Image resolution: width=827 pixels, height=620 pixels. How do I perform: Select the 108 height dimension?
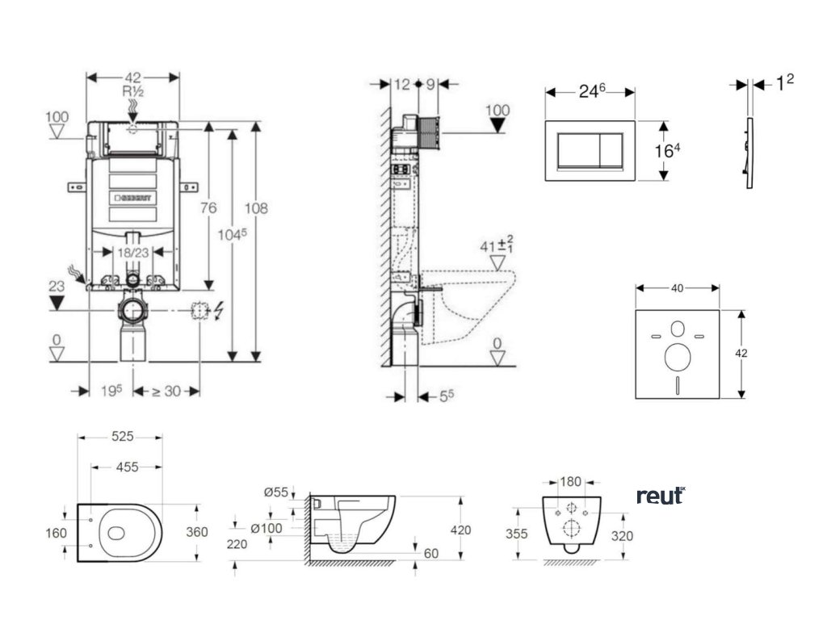pyautogui.click(x=256, y=208)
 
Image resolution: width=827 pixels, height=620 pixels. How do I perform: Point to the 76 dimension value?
pyautogui.click(x=208, y=208)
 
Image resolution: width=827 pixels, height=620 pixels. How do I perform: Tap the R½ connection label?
pyautogui.click(x=132, y=91)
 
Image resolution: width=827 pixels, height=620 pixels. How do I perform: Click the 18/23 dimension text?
pyautogui.click(x=132, y=252)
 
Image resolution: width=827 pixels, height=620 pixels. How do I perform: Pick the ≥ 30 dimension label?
pyautogui.click(x=166, y=391)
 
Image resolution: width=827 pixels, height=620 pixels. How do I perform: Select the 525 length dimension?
pyautogui.click(x=121, y=437)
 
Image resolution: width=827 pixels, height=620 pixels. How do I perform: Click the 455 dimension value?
pyautogui.click(x=126, y=467)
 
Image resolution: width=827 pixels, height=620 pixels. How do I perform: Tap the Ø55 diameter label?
pyautogui.click(x=276, y=492)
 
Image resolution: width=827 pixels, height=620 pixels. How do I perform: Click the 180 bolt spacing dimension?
pyautogui.click(x=571, y=482)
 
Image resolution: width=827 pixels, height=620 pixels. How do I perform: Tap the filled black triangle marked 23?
pyautogui.click(x=56, y=303)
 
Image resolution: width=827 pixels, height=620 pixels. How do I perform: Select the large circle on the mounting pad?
pyautogui.click(x=676, y=356)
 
